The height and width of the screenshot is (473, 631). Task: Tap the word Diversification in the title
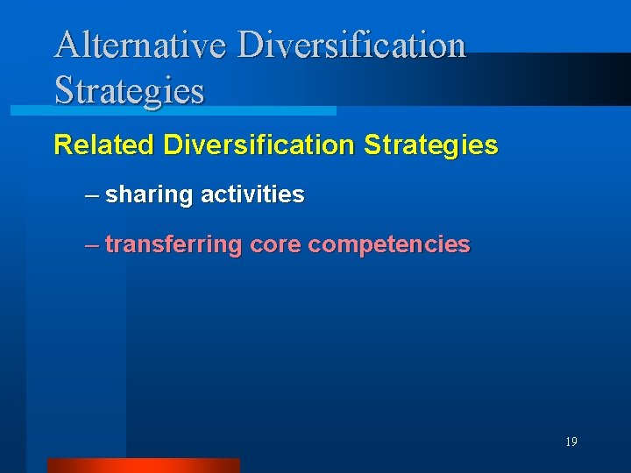click(351, 46)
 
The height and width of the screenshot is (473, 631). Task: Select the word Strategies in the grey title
click(129, 89)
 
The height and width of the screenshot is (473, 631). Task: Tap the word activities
click(252, 194)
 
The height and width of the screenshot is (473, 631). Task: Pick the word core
click(275, 245)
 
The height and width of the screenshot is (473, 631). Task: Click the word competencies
click(389, 245)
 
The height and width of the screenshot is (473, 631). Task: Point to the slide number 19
click(571, 442)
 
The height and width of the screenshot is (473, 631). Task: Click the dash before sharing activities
click(92, 194)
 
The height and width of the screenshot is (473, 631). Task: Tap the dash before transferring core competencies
click(92, 245)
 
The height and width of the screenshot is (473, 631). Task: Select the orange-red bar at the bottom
click(143, 465)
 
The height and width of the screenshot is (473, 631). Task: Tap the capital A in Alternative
click(67, 46)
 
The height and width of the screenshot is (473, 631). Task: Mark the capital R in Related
click(63, 145)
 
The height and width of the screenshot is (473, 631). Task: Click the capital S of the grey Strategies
click(64, 89)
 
